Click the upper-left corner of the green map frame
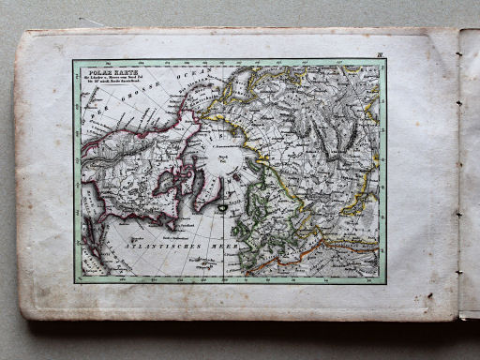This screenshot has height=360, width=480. tap(75, 62)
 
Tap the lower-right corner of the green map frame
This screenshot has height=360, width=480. tap(384, 282)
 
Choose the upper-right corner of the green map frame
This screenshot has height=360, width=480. tap(384, 62)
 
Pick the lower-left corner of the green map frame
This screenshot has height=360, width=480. tap(75, 282)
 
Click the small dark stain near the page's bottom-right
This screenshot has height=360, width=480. tap(428, 296)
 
